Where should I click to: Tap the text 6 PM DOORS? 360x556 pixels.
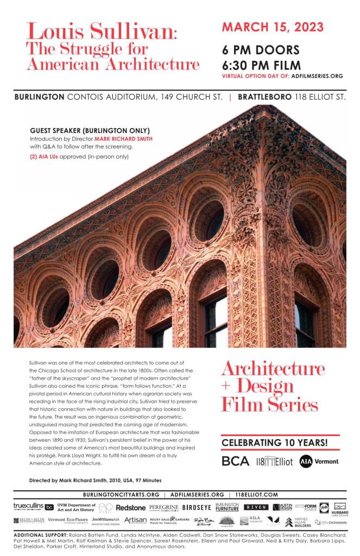pyautogui.click(x=261, y=50)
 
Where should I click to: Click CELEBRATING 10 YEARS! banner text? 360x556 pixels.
pyautogui.click(x=275, y=443)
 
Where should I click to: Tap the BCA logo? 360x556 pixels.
pyautogui.click(x=236, y=461)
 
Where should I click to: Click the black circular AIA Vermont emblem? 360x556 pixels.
pyautogui.click(x=307, y=461)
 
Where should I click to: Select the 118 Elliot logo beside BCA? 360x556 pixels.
pyautogui.click(x=275, y=462)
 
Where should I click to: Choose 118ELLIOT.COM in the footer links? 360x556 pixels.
pyautogui.click(x=257, y=495)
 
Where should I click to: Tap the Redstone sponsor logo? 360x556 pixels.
pyautogui.click(x=131, y=507)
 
